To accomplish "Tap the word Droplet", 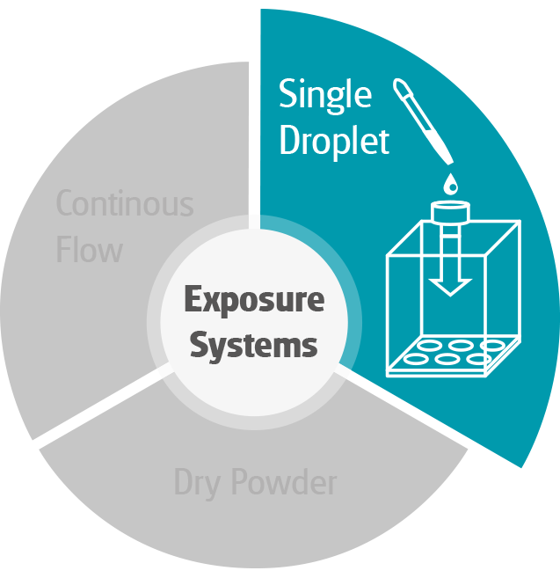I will (x=334, y=141).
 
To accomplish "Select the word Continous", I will (x=124, y=204).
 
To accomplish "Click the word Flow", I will (x=89, y=250).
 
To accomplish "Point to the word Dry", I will (x=197, y=482).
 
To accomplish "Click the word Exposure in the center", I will (x=254, y=301).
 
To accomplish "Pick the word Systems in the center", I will (x=254, y=344).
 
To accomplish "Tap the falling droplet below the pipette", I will (x=451, y=183).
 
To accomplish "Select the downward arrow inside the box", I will (x=451, y=268).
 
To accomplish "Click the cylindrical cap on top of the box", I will (x=451, y=213).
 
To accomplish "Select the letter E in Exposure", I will (x=193, y=301).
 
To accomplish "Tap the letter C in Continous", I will (x=65, y=204).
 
